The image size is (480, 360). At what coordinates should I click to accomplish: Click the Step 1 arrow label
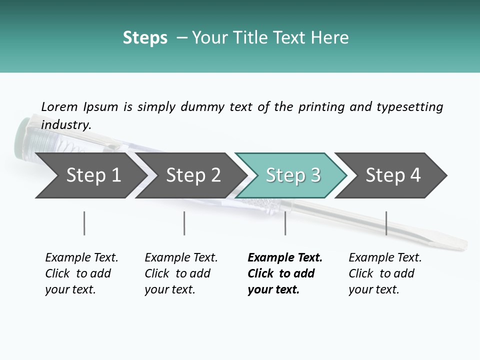[x=93, y=175]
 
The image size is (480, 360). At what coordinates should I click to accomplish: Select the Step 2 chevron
[x=193, y=175]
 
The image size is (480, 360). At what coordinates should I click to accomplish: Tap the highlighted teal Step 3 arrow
[x=293, y=175]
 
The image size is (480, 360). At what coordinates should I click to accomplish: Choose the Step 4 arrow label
[x=393, y=175]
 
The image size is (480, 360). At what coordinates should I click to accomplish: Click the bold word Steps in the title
[x=145, y=38]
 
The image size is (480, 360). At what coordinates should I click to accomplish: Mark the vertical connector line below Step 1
[x=84, y=223]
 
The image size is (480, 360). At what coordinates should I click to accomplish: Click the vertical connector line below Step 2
[x=184, y=223]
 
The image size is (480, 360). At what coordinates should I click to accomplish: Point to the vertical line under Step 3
[x=285, y=223]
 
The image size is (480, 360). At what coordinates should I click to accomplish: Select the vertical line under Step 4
[x=386, y=223]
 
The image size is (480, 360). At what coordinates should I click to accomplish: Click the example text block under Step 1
[x=81, y=273]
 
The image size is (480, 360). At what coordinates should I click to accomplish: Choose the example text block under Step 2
[x=181, y=273]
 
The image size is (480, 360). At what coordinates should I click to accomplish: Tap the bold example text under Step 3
[x=285, y=273]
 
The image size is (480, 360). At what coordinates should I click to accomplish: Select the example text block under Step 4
[x=385, y=273]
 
